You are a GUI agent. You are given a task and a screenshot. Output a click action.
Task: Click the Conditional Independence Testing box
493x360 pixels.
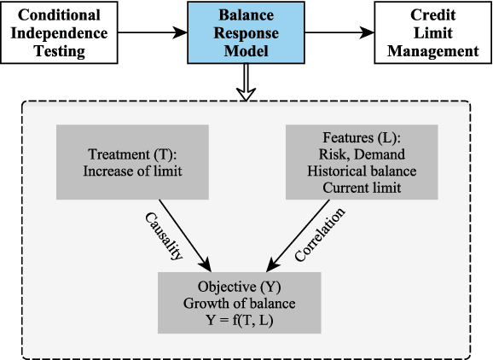pyautogui.click(x=61, y=32)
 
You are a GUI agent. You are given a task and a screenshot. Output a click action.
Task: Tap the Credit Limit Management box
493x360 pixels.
pyautogui.click(x=432, y=32)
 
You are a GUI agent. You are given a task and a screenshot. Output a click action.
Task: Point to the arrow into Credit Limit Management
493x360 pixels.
pyautogui.click(x=342, y=32)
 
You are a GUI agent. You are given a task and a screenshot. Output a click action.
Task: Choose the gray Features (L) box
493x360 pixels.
pyautogui.click(x=357, y=161)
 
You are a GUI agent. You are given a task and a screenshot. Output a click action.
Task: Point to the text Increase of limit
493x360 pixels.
pyautogui.click(x=134, y=171)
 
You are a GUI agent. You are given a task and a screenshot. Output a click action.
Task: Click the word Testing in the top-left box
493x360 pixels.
pyautogui.click(x=61, y=50)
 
